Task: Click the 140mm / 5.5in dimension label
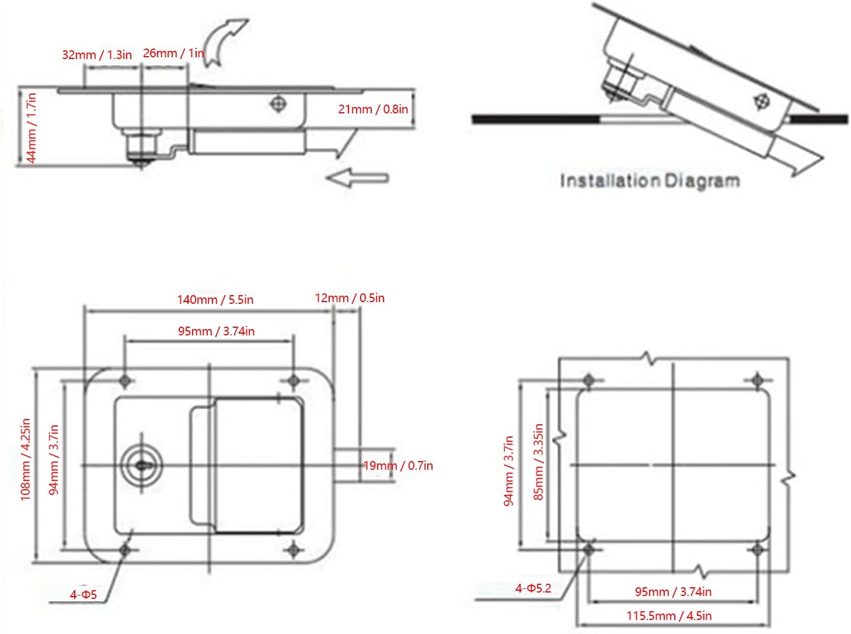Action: (x=215, y=300)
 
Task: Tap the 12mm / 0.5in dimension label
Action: (x=350, y=298)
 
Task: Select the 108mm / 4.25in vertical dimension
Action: (x=25, y=459)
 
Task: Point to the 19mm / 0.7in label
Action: (x=398, y=466)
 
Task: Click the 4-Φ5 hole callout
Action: (x=83, y=595)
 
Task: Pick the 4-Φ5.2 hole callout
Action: (x=533, y=588)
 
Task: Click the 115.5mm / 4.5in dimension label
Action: (x=669, y=616)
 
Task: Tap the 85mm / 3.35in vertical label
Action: (x=539, y=462)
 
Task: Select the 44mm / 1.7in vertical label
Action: (x=31, y=129)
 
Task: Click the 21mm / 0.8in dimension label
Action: (x=373, y=109)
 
